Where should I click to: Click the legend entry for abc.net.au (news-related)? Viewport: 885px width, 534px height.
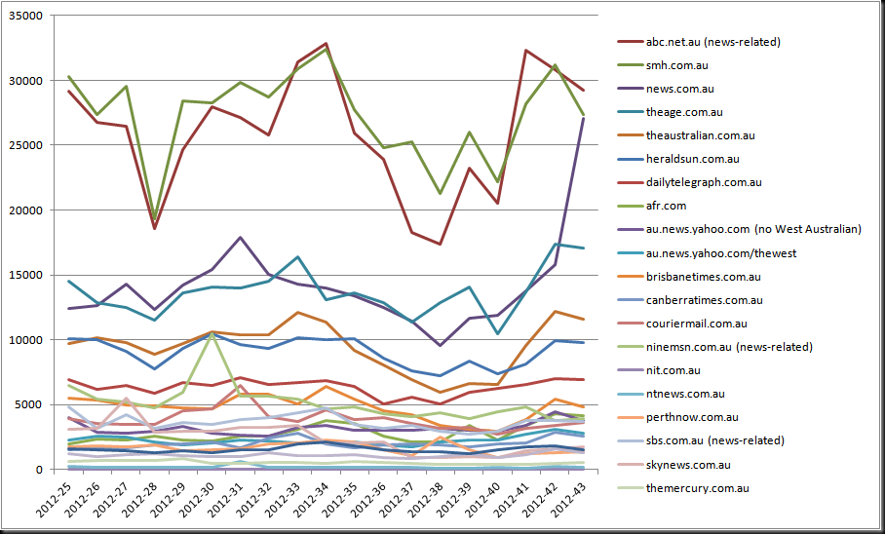(x=712, y=42)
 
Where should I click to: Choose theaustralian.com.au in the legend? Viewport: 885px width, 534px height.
(x=701, y=135)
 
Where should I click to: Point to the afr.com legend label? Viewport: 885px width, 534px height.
(x=666, y=206)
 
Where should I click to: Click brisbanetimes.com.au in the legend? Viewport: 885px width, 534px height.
(x=704, y=277)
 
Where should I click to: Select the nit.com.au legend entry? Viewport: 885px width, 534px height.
(x=673, y=370)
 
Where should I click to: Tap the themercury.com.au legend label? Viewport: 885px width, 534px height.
(x=698, y=488)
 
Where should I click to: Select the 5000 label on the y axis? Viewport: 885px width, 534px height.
(x=30, y=404)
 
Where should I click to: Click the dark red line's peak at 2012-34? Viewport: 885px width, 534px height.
(x=326, y=44)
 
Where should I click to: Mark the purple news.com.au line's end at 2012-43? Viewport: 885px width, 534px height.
(x=583, y=119)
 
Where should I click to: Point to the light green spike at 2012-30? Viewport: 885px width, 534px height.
(x=212, y=333)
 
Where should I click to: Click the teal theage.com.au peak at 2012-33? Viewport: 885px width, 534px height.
(x=297, y=257)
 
